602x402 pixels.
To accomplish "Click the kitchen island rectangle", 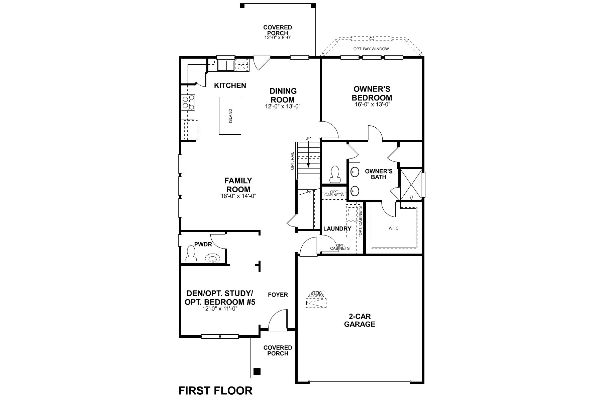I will (x=230, y=116).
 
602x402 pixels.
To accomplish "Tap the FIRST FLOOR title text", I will (x=216, y=391).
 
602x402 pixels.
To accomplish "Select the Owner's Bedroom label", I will (x=372, y=93).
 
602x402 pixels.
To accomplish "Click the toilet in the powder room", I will (x=191, y=255).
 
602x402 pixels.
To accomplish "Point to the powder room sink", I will (x=212, y=259).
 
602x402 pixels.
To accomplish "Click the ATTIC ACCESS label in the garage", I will (x=316, y=294).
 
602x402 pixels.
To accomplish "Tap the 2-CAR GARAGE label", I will (x=360, y=320).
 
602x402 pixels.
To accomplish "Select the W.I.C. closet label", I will (x=394, y=228).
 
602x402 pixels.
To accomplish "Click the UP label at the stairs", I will (x=308, y=138).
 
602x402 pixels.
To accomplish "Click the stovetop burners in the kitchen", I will (x=188, y=102).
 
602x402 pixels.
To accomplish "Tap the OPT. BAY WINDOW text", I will (x=371, y=49).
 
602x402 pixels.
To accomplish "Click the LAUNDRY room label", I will (x=337, y=229).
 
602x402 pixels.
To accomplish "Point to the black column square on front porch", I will (x=257, y=372).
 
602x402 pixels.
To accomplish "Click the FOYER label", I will (x=278, y=295).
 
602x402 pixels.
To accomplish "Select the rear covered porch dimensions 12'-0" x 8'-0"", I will (x=278, y=38).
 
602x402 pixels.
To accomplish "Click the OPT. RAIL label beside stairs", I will (x=292, y=161).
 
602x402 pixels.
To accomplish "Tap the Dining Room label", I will (x=283, y=95).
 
